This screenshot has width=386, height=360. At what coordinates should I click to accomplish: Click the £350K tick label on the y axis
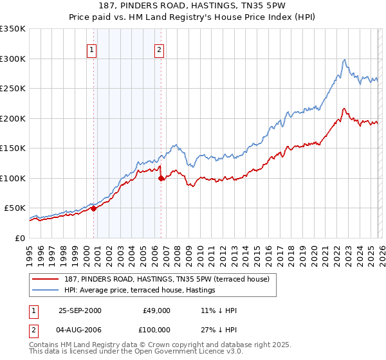(13, 29)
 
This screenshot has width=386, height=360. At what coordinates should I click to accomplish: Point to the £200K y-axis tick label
(13, 118)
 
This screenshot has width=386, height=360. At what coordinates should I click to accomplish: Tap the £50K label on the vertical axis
(15, 208)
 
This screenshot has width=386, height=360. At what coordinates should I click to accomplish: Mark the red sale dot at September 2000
(94, 208)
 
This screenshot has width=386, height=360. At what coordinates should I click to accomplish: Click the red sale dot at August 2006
(161, 178)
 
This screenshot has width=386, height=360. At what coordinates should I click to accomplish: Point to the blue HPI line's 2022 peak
(345, 60)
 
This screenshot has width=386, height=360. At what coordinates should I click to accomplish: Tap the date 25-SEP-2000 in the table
(80, 310)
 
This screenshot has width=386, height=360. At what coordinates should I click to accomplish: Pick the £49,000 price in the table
(156, 310)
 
